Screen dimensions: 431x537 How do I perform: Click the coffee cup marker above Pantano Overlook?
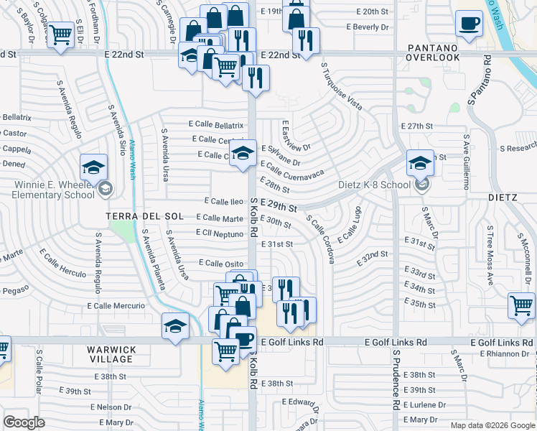click(469, 23)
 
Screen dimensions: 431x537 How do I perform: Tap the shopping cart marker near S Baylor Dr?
click(60, 33)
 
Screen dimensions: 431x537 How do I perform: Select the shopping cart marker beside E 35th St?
click(521, 305)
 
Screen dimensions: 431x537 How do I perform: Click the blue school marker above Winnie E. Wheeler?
click(93, 167)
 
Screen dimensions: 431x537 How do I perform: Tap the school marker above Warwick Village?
click(175, 325)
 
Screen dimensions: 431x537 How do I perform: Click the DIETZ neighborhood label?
click(502, 197)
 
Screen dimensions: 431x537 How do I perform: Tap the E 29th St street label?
click(279, 207)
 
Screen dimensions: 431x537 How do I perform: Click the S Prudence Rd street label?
click(396, 380)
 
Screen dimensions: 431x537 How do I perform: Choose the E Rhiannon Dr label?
click(500, 353)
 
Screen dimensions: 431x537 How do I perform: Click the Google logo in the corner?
click(24, 422)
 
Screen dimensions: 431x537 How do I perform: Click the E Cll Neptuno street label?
click(220, 233)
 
